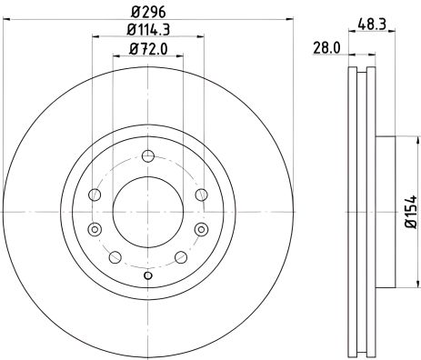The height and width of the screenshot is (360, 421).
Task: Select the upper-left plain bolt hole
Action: (x=94, y=193)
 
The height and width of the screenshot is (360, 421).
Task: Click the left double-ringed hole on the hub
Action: (x=95, y=229)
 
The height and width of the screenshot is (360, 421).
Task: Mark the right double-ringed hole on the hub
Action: (x=200, y=229)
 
